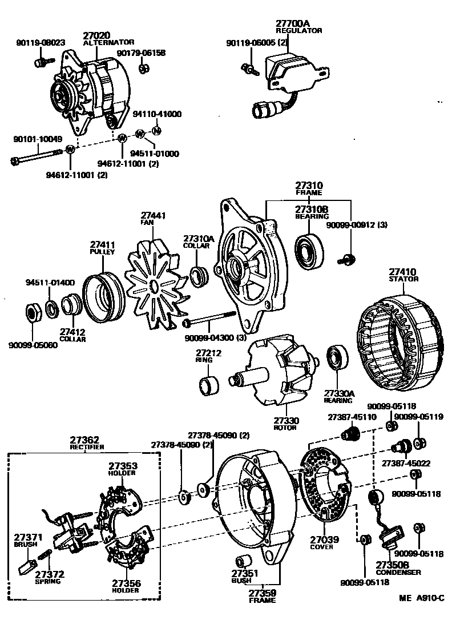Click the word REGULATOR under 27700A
point(299,30)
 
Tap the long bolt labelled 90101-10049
point(37,155)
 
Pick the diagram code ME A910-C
point(421,598)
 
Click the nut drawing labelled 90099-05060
point(33,313)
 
